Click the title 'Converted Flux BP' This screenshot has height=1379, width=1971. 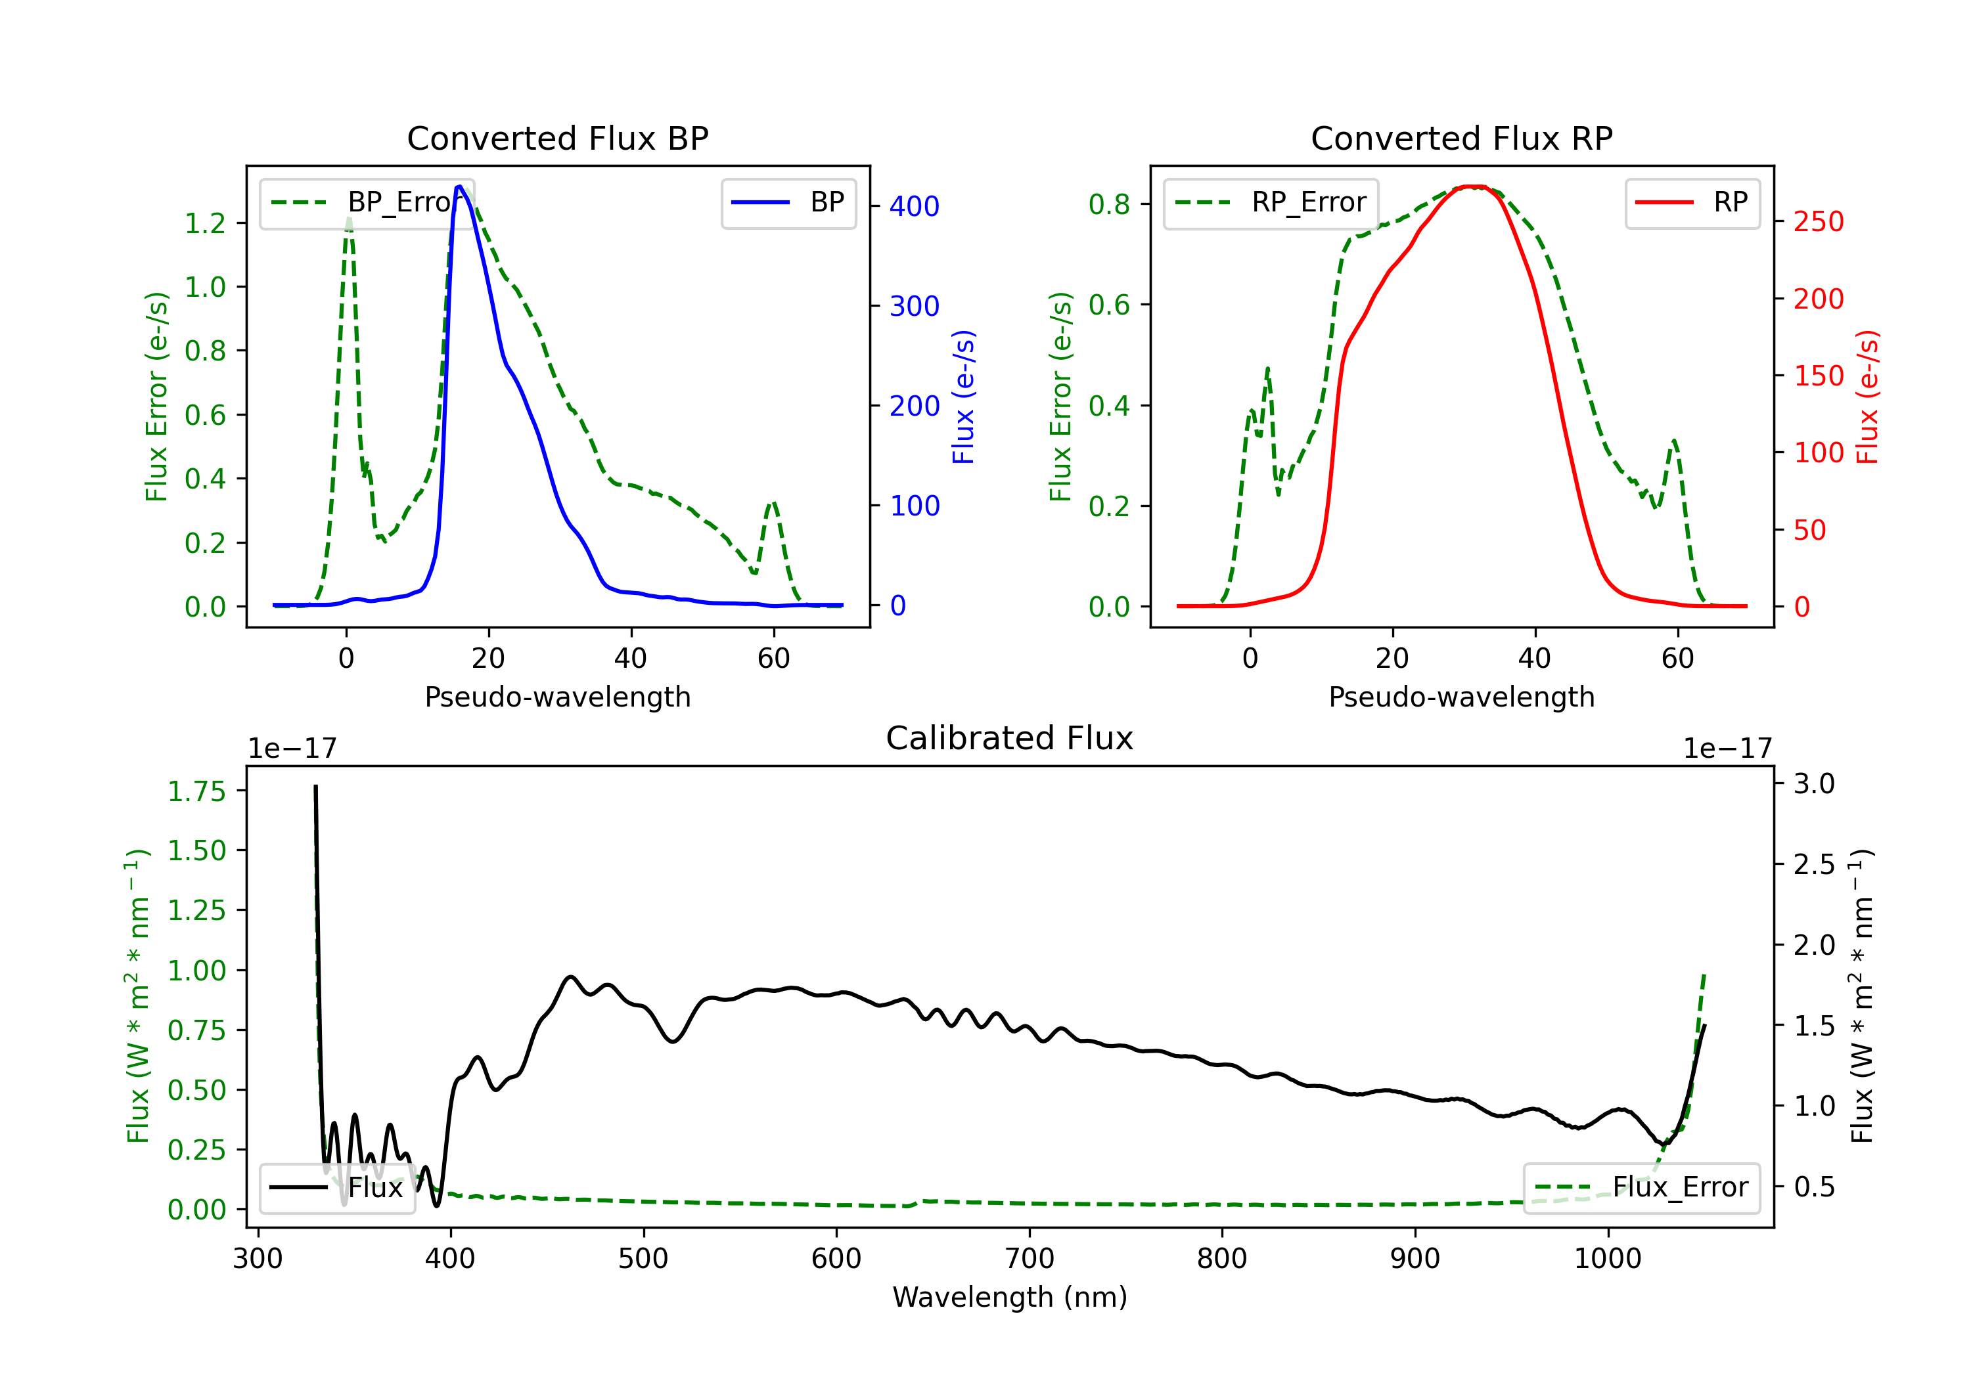[557, 138]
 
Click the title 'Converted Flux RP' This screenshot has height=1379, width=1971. [1461, 138]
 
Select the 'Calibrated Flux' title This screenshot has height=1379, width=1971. [1010, 738]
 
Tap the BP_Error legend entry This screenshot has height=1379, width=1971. [367, 202]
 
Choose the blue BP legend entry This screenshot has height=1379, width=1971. [788, 202]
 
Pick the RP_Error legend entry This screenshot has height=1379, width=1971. [1271, 202]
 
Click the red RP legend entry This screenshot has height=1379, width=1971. [1692, 202]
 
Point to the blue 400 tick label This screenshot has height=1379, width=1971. [915, 206]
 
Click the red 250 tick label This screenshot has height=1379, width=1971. [1818, 221]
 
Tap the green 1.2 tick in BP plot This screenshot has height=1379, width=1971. [205, 223]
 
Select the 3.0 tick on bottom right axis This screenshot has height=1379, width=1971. [1814, 783]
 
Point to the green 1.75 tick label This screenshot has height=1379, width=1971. [196, 791]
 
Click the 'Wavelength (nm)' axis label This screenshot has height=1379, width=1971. [1010, 1298]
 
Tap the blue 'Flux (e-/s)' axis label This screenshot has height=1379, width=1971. [964, 397]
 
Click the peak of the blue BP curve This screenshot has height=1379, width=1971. [459, 186]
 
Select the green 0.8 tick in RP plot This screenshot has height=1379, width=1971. [1109, 204]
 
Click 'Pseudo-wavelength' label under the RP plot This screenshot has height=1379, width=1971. [1461, 697]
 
